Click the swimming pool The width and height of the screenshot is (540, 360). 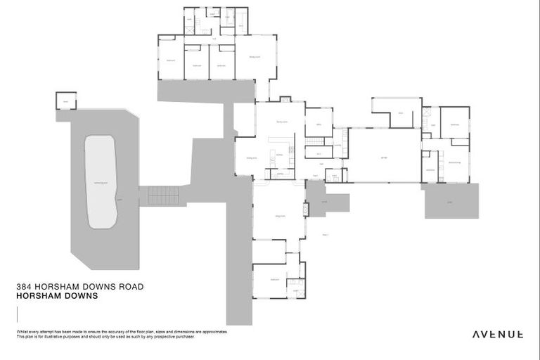[x=100, y=181]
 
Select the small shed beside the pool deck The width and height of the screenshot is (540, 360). [x=65, y=100]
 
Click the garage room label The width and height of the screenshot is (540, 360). [x=384, y=156]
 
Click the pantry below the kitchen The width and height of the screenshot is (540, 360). [x=279, y=173]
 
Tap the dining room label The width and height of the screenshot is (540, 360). [x=251, y=159]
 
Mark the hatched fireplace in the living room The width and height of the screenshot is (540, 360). [x=306, y=209]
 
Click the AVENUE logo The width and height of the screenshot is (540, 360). [x=497, y=335]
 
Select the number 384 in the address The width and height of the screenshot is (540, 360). [x=25, y=287]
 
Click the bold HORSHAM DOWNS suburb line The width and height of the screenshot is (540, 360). [x=56, y=297]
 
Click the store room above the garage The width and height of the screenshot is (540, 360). [x=399, y=113]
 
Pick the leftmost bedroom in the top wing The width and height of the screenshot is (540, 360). [x=170, y=60]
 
